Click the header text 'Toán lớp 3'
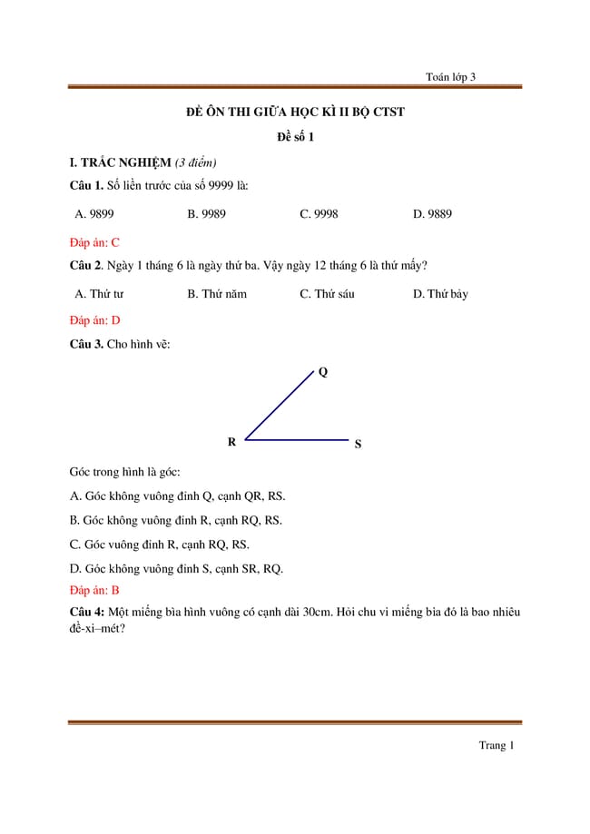click(450, 77)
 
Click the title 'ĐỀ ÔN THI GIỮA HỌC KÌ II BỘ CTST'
click(295, 113)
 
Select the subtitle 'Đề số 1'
click(295, 137)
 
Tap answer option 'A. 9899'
click(94, 214)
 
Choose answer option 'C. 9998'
click(319, 214)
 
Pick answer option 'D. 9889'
click(432, 214)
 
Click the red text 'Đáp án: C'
click(94, 242)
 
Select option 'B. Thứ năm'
click(217, 294)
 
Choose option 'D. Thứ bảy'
click(440, 294)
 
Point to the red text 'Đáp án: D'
click(94, 320)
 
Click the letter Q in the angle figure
click(323, 371)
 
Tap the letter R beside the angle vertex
click(231, 442)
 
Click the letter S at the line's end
click(358, 445)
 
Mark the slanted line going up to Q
click(278, 405)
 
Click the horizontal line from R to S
click(297, 440)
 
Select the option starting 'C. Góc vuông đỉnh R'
click(159, 545)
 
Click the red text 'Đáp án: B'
click(94, 590)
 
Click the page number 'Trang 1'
click(497, 746)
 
